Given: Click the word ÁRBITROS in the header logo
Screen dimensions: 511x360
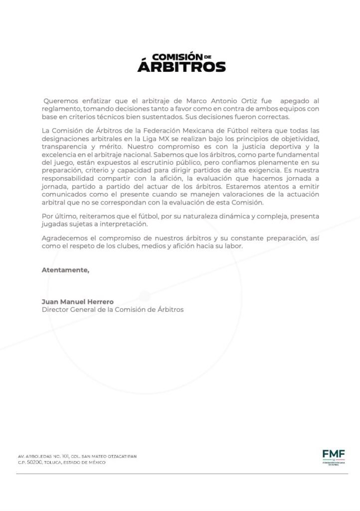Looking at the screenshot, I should [x=181, y=66].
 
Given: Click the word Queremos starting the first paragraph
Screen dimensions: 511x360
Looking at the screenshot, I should [x=59, y=101].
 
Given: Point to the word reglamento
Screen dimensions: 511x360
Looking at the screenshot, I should [x=60, y=109].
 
